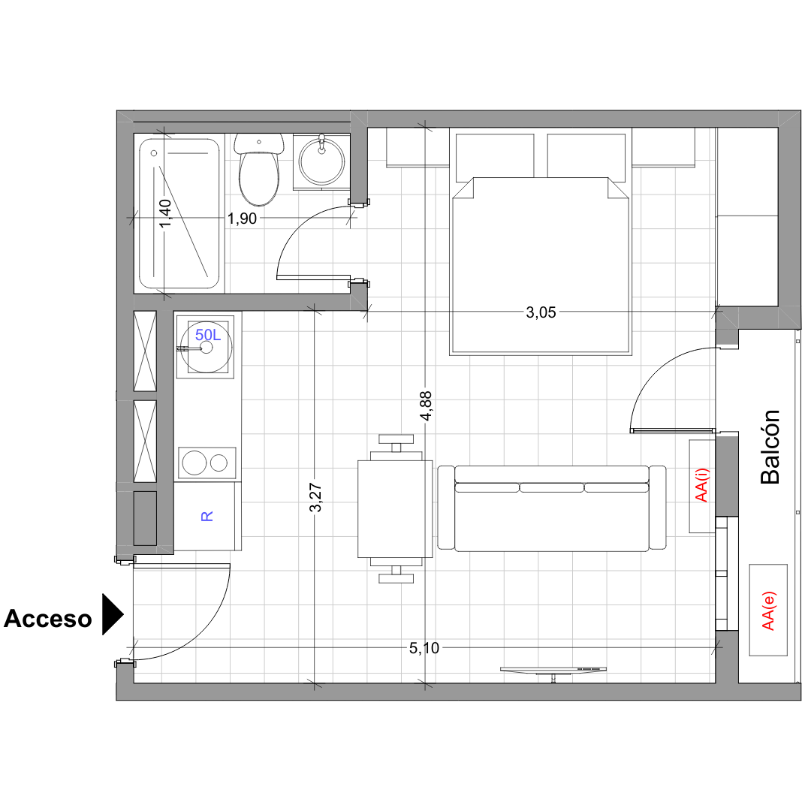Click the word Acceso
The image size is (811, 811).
point(47,619)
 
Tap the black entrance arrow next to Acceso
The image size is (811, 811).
point(112,614)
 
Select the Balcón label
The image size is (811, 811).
point(770,447)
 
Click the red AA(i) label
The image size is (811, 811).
point(701,485)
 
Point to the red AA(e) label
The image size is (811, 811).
point(768,611)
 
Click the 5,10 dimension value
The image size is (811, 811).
point(424,647)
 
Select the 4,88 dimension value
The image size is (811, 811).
point(426,406)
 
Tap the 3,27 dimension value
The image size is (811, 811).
point(315,498)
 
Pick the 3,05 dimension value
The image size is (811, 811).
point(541,312)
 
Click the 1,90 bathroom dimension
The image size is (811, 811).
point(242,219)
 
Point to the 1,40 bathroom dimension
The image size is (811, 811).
point(165,213)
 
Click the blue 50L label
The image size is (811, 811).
point(208,335)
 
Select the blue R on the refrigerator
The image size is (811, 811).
point(207,516)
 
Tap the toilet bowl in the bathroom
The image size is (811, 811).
point(258,177)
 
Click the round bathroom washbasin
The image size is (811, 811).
point(321,161)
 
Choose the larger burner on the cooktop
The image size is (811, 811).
point(194,463)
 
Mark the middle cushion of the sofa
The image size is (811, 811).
point(551,487)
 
